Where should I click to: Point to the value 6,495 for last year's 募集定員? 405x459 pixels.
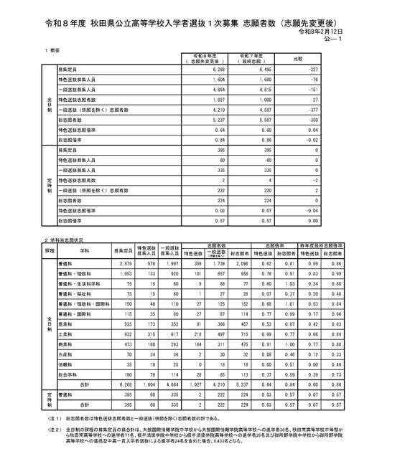pos(264,70)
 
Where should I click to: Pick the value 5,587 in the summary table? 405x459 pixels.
pos(264,122)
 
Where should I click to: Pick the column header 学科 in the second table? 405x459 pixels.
pos(85,252)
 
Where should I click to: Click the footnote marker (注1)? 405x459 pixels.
pos(53,417)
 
